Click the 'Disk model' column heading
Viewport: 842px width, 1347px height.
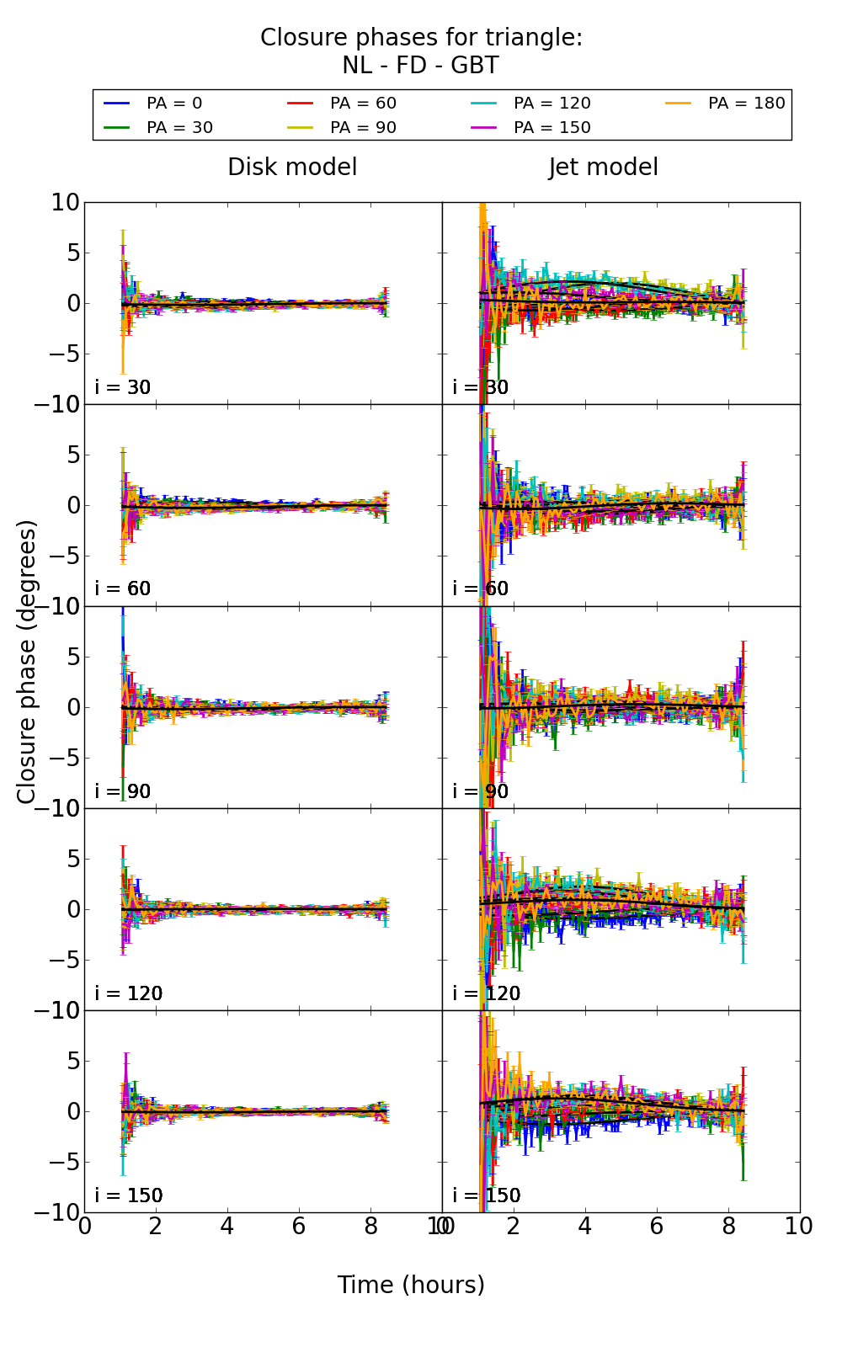(292, 168)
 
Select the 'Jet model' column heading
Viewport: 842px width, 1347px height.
(603, 168)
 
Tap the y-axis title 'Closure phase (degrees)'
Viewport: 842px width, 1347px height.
(27, 662)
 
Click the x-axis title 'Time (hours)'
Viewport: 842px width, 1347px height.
(411, 1286)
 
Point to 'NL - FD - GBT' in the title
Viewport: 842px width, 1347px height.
(420, 66)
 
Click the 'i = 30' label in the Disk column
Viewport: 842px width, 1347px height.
(123, 387)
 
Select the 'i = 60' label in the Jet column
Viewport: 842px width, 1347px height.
(481, 588)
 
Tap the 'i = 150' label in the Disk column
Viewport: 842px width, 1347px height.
(128, 1195)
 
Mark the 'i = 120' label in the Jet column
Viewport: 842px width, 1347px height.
(486, 993)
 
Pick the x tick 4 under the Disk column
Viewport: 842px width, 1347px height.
(227, 1227)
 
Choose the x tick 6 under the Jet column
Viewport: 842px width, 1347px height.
(657, 1227)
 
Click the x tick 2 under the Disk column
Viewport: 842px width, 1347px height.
(156, 1227)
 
